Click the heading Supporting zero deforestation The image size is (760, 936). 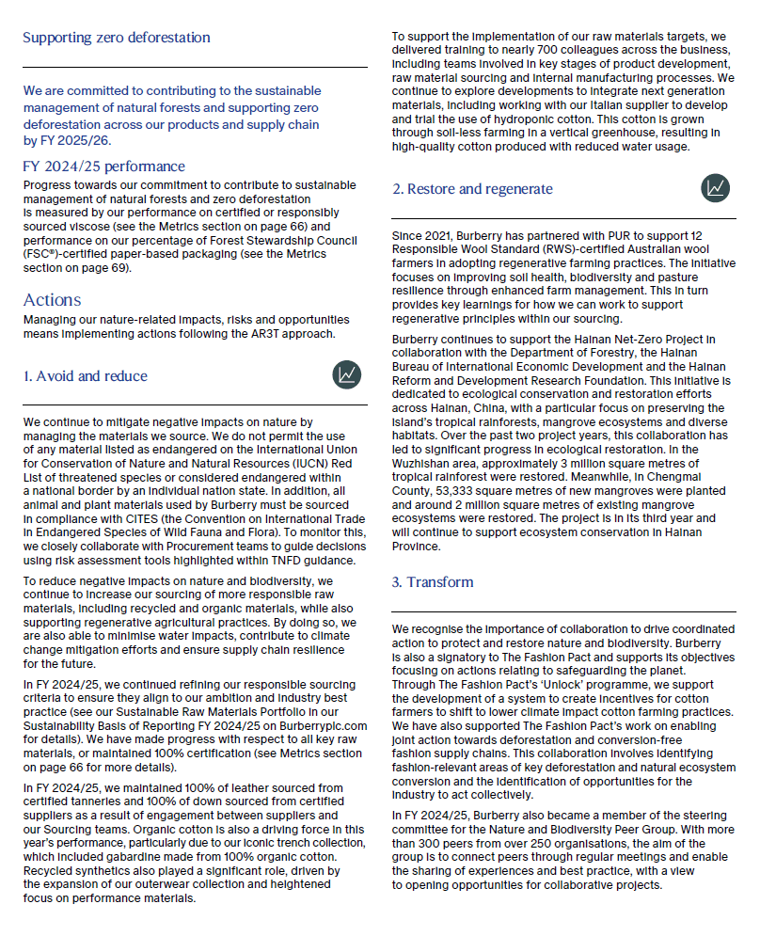coord(116,38)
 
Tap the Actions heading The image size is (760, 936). coord(52,300)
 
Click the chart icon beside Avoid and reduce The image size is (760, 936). coord(346,375)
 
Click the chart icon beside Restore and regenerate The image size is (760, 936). coord(715,188)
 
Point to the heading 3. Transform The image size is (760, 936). coord(433,582)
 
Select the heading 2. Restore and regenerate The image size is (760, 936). coord(472,189)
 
